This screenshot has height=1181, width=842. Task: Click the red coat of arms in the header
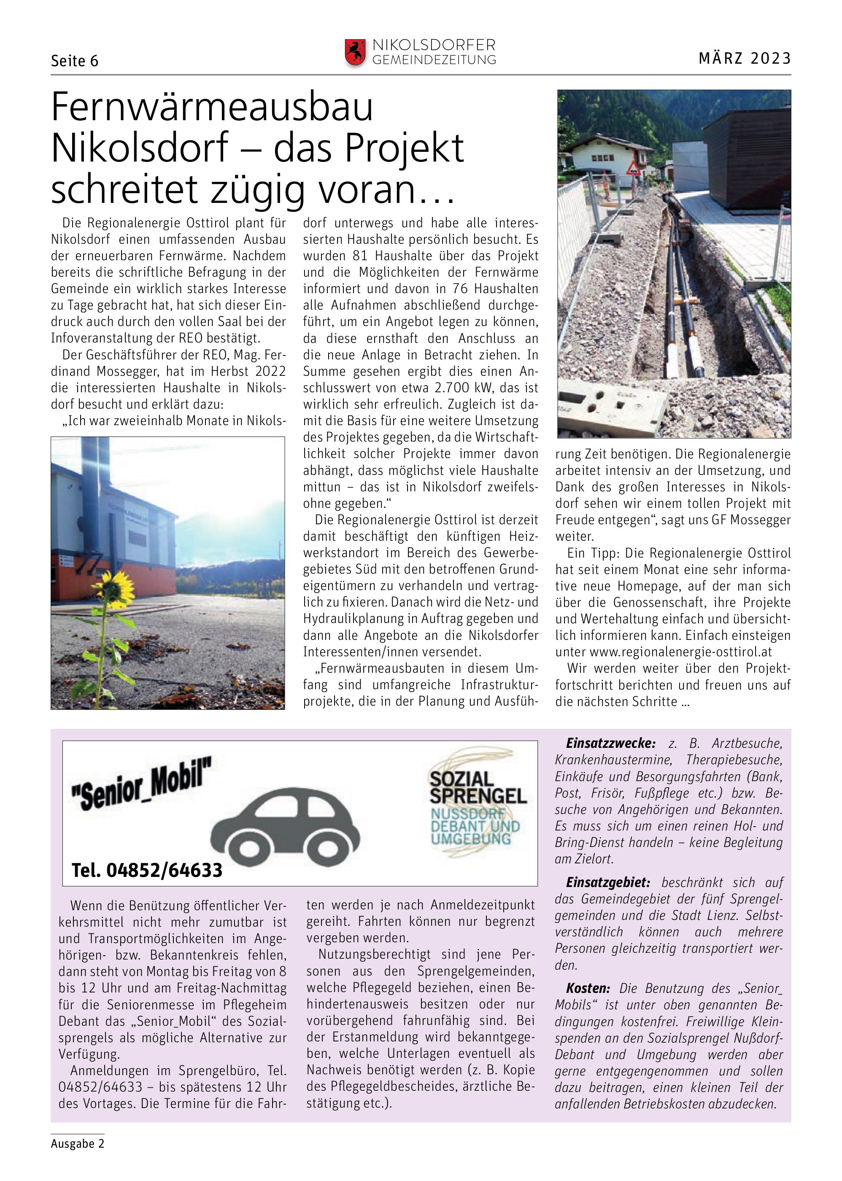[355, 52]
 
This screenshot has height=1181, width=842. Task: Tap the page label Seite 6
[75, 61]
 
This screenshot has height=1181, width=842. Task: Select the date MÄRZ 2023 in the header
[745, 58]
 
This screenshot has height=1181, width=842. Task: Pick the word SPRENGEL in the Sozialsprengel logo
[478, 796]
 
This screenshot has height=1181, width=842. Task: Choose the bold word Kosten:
[588, 988]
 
